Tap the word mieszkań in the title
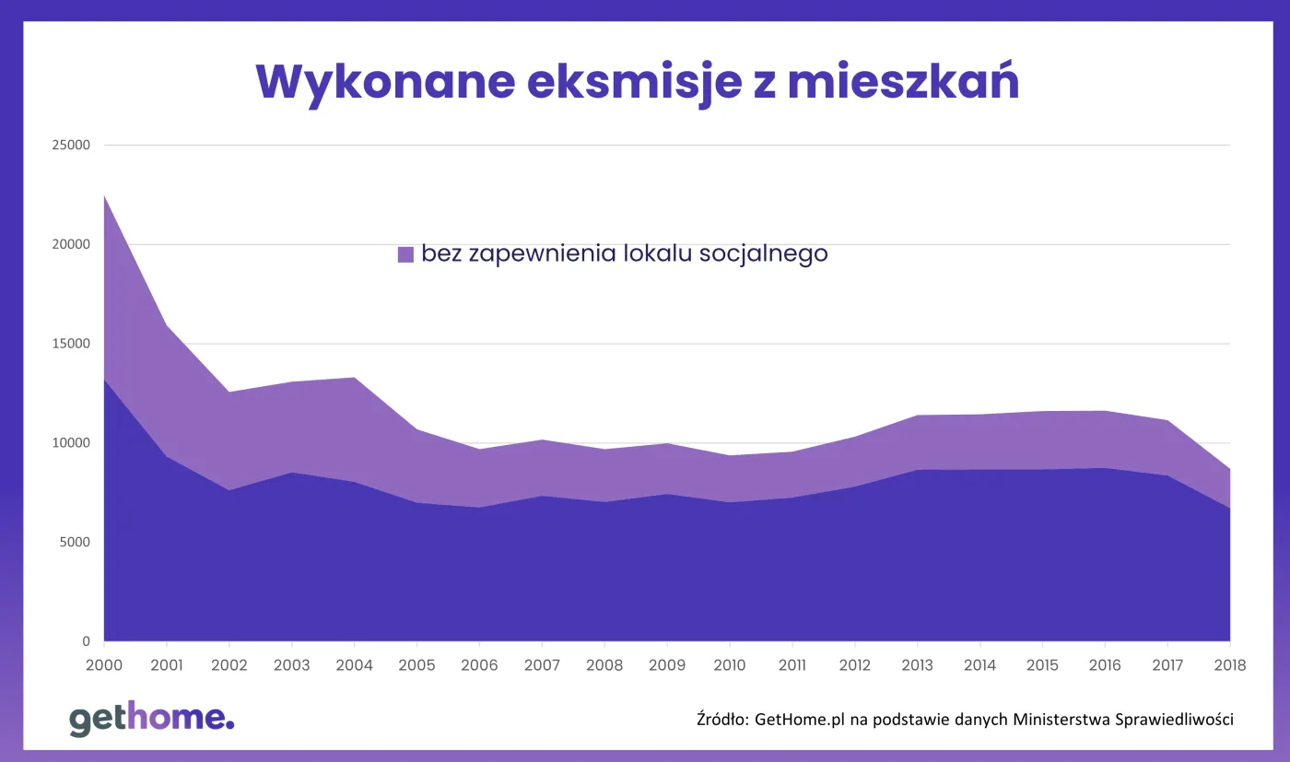tap(904, 83)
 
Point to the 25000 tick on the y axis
tap(72, 146)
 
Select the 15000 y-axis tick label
tap(72, 344)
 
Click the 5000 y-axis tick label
tap(76, 542)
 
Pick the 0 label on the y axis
tap(86, 641)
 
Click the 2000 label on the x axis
tap(104, 665)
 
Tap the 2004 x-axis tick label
tap(354, 665)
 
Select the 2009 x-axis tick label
tap(667, 665)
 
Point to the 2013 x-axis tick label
tap(917, 665)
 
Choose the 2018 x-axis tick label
tap(1229, 665)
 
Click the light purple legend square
tap(405, 254)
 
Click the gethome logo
tap(152, 719)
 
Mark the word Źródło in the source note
tap(722, 720)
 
